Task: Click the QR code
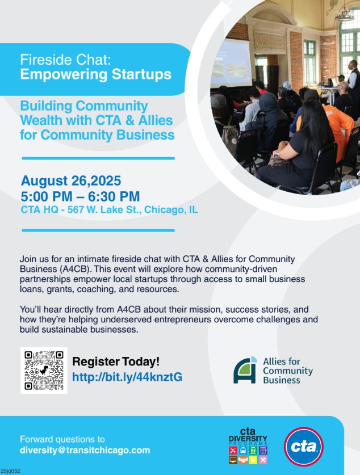[44, 370]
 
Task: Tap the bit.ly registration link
[127, 377]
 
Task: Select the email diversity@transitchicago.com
[85, 450]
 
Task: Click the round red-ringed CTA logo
[304, 447]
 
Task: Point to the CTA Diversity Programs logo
[248, 446]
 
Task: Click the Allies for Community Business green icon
[245, 370]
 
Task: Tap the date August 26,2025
[71, 181]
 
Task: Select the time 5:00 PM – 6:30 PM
[80, 196]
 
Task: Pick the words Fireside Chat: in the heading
[65, 60]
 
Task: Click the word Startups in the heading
[141, 74]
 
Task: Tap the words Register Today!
[116, 361]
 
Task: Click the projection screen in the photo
[231, 63]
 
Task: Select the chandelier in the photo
[345, 13]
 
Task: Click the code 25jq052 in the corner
[11, 471]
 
